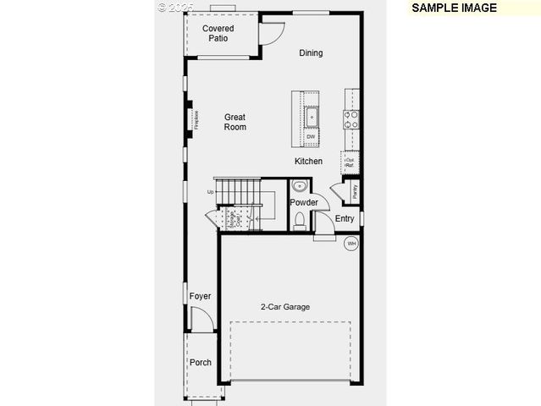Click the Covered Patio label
(218, 33)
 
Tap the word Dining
(311, 53)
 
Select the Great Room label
(235, 122)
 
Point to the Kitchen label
(308, 162)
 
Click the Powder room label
(303, 203)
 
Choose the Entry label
(345, 219)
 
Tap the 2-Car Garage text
(284, 307)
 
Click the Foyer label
(200, 296)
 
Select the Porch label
(201, 363)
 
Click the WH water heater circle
(351, 244)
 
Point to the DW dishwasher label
(311, 137)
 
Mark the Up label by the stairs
(210, 192)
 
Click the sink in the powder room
(300, 187)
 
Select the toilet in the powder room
(299, 222)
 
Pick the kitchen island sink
(311, 117)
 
